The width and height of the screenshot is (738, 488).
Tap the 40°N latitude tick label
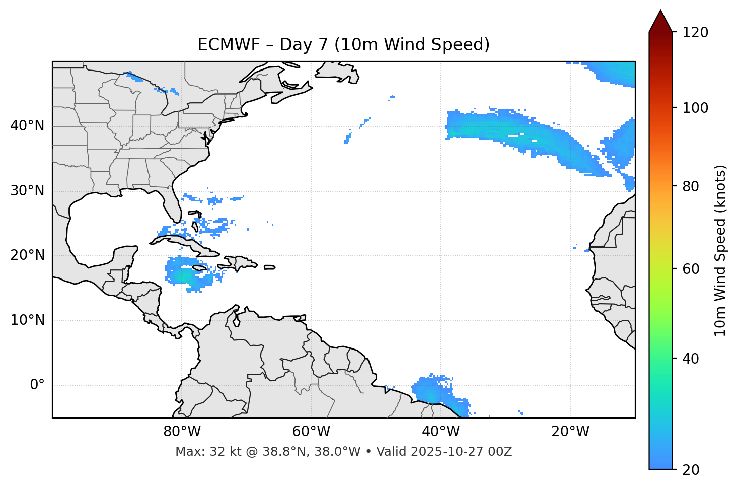pos(27,126)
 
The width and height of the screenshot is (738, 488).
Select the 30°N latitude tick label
pos(27,191)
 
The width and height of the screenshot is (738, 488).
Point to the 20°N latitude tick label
pos(27,255)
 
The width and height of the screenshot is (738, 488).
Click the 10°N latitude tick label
pos(27,320)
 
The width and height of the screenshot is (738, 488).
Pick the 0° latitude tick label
pos(37,385)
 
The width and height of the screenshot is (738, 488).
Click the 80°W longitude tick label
pos(182,432)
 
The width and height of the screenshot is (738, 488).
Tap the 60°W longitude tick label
pos(311,432)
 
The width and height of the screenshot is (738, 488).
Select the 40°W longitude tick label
pos(441,432)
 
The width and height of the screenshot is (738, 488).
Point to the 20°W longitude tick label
pos(570,432)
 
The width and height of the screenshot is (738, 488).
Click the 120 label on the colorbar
pos(695,33)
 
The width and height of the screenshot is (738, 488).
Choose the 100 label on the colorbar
pos(695,108)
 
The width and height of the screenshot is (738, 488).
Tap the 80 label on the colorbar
pos(692,186)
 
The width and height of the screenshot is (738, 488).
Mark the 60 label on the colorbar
pos(692,269)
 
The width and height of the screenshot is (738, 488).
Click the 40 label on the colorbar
pos(692,359)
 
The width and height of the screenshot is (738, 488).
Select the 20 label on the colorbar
pos(692,470)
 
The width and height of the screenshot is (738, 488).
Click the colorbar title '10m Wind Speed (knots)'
pos(720,250)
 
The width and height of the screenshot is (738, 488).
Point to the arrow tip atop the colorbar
pos(660,11)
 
